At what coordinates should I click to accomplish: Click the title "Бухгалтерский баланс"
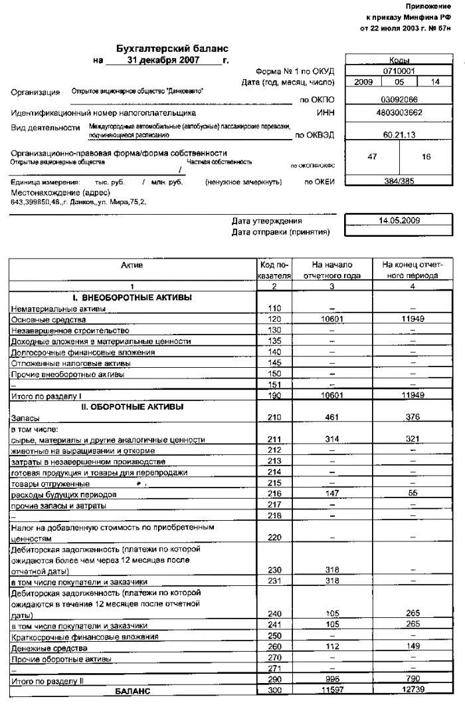[x=172, y=49]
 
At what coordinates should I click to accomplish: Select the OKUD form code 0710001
[x=399, y=71]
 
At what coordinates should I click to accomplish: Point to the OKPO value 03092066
[x=399, y=99]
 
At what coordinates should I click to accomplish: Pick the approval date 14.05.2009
[x=399, y=220]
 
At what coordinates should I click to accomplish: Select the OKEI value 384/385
[x=399, y=181]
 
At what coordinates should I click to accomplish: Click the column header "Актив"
[x=132, y=265]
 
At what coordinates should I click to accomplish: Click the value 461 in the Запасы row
[x=331, y=418]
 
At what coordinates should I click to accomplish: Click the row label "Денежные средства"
[x=49, y=648]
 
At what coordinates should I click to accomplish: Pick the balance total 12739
[x=413, y=692]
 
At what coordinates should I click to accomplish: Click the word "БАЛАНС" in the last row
[x=133, y=692]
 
